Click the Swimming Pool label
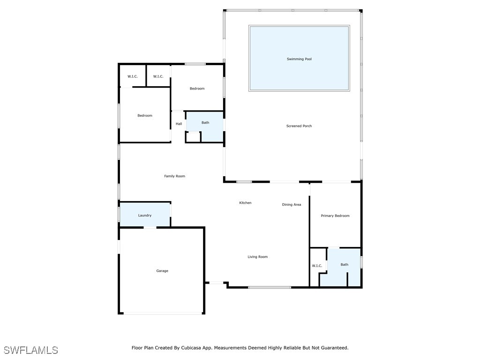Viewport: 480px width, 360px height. click(299, 59)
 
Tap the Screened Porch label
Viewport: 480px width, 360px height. click(299, 126)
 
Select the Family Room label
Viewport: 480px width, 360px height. click(174, 176)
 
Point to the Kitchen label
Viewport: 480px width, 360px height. click(245, 202)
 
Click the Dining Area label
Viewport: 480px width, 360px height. click(292, 204)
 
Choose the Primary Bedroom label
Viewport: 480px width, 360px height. click(335, 216)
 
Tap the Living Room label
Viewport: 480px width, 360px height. click(257, 257)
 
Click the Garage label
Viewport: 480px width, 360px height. click(162, 271)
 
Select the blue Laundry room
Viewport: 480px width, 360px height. click(145, 215)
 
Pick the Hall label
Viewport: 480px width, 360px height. click(179, 124)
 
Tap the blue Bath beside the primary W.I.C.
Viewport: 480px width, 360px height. click(343, 266)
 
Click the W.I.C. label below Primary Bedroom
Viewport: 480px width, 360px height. click(317, 266)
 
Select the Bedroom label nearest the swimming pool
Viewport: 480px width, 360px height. click(197, 89)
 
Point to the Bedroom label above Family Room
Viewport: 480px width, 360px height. click(145, 115)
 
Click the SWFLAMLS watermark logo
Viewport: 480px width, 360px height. click(30, 350)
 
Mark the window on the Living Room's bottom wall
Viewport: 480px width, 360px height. click(270, 287)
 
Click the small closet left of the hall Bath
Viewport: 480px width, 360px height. click(193, 137)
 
